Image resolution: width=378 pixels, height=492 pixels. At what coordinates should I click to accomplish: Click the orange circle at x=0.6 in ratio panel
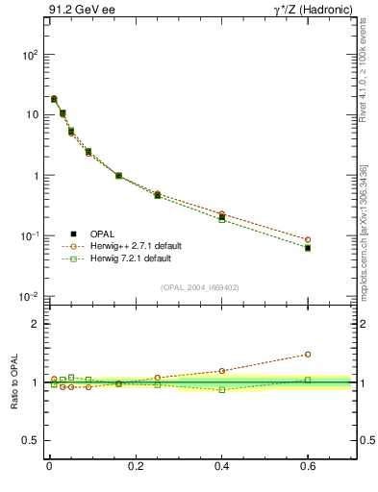[308, 354]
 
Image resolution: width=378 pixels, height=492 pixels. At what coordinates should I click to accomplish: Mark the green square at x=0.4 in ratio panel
[222, 389]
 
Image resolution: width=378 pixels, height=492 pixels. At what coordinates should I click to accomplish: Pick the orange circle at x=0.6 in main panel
[308, 239]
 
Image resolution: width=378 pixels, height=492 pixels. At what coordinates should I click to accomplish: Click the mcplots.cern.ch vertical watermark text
[363, 231]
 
